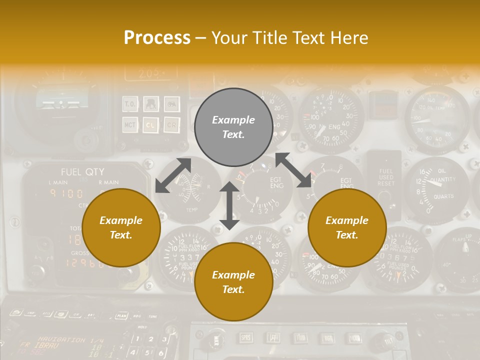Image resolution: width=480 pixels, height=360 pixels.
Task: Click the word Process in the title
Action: pos(157,38)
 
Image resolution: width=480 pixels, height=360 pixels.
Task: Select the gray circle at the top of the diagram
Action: pos(233,127)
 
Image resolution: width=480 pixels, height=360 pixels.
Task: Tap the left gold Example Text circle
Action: pos(121,227)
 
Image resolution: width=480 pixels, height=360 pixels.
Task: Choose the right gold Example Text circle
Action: pos(347,227)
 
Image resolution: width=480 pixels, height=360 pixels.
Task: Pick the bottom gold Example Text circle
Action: pos(233,282)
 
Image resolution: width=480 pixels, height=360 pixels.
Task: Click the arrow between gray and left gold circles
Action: pos(173,175)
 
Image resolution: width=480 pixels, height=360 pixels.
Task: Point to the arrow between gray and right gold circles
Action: pos(293,170)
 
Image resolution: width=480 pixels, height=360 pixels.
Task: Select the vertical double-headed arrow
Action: pos(229,205)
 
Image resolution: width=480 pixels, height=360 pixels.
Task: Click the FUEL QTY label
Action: pos(82,172)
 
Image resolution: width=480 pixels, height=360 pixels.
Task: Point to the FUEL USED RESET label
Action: pos(385,177)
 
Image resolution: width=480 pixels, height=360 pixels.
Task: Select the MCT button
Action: pos(130,124)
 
